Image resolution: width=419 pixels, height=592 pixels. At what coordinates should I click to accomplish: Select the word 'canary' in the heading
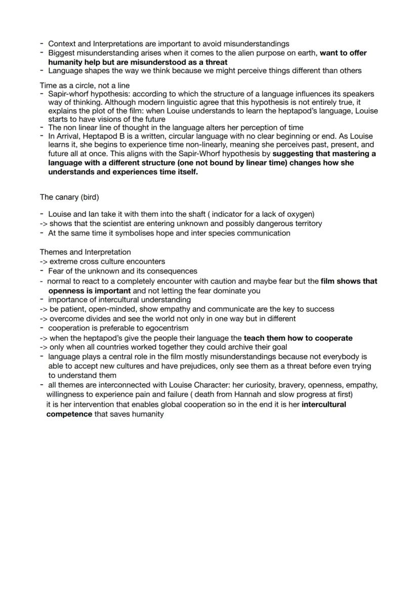pyautogui.click(x=66, y=197)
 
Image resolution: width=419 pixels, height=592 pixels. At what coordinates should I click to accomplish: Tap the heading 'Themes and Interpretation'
pyautogui.click(x=85, y=252)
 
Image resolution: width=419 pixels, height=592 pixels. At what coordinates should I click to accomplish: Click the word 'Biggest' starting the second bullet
pyautogui.click(x=61, y=53)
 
